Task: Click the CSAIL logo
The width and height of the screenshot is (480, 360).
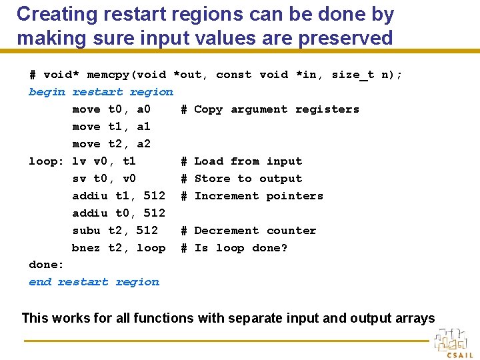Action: click(x=455, y=343)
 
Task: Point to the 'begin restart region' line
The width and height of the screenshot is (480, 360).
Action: click(x=101, y=92)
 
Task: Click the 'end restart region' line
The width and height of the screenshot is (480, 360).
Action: click(x=94, y=282)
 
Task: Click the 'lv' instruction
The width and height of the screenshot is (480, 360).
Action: click(x=79, y=161)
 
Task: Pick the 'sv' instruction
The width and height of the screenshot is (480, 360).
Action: click(x=79, y=179)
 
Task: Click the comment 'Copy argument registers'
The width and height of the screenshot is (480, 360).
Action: click(x=276, y=109)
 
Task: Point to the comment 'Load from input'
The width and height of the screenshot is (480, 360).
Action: click(x=248, y=161)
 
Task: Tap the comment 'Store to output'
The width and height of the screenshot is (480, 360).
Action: click(x=248, y=179)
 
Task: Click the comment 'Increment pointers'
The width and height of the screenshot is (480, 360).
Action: click(x=259, y=196)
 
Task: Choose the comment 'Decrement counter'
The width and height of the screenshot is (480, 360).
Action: click(x=255, y=231)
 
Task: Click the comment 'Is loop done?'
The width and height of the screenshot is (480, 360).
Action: click(x=241, y=248)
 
